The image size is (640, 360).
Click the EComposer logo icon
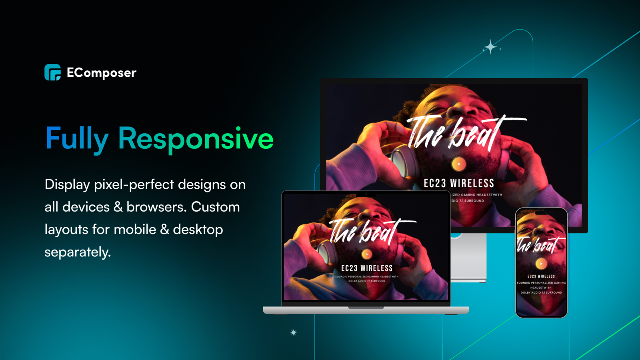click(52, 72)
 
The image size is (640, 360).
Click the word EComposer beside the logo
click(102, 73)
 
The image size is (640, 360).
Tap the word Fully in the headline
click(77, 139)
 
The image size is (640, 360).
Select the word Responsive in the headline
click(196, 139)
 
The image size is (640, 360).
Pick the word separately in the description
click(78, 252)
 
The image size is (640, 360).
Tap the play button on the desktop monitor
click(459, 164)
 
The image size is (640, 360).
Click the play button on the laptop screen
click(367, 254)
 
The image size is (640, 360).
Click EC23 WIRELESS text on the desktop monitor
click(459, 184)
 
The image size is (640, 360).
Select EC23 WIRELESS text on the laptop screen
click(367, 268)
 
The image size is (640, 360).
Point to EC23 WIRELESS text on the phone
click(541, 276)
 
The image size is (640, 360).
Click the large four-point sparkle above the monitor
click(490, 48)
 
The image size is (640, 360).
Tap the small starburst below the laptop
click(294, 332)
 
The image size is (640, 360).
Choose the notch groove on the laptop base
click(366, 308)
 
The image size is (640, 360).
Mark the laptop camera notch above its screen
click(366, 194)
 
